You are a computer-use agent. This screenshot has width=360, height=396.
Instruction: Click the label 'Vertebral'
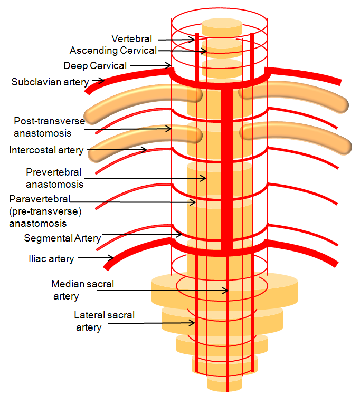click(x=132, y=39)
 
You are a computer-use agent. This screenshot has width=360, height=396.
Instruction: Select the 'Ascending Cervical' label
click(x=113, y=51)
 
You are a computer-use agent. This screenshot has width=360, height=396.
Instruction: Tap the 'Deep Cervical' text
click(x=95, y=66)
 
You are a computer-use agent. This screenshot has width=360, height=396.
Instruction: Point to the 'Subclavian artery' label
click(x=51, y=82)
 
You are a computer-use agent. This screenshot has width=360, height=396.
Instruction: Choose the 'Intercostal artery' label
click(x=46, y=150)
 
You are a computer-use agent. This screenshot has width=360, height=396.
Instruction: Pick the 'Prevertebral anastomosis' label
click(x=55, y=178)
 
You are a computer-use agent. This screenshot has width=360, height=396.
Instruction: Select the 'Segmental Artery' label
click(x=62, y=238)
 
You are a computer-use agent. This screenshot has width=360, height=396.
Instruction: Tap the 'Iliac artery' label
click(x=51, y=259)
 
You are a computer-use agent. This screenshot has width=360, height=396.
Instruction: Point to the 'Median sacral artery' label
click(x=82, y=289)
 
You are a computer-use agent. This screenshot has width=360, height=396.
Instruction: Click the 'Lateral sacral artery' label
click(x=104, y=321)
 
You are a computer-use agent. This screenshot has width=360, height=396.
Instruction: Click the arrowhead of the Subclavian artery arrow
click(x=103, y=81)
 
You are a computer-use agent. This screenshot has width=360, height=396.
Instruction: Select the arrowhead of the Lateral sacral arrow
click(x=194, y=322)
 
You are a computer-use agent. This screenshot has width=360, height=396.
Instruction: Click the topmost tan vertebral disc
click(x=222, y=26)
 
